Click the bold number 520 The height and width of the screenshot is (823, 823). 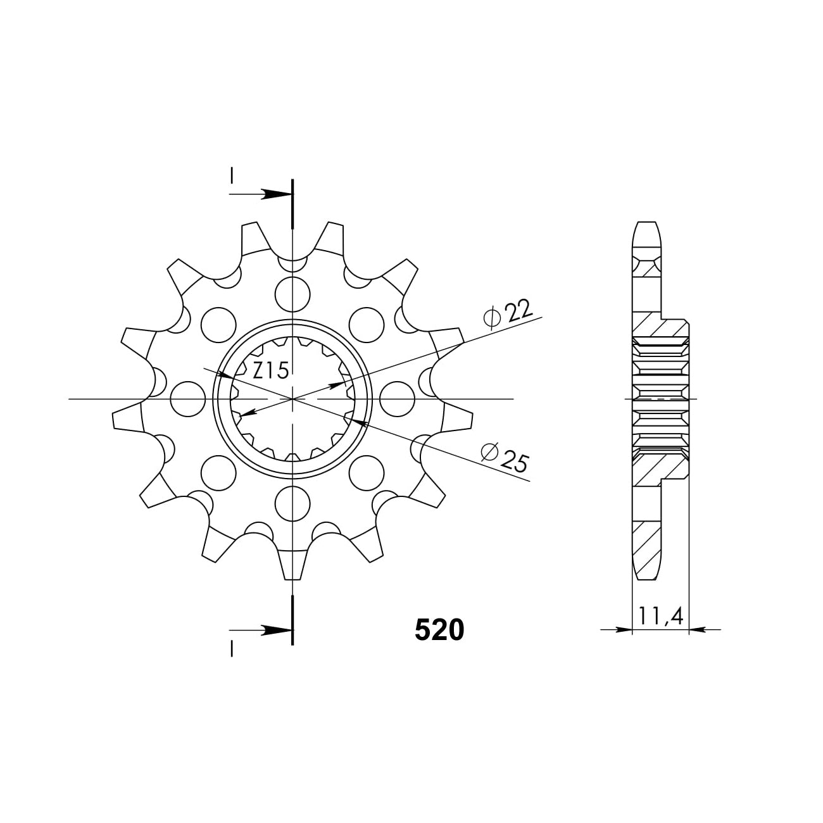coord(439,630)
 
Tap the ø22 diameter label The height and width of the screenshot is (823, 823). coord(508,315)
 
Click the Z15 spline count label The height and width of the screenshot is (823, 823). coord(270,370)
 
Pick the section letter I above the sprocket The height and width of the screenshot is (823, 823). coord(232,174)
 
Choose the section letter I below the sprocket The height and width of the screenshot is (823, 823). coord(232,648)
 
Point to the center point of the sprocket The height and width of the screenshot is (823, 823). coord(293,399)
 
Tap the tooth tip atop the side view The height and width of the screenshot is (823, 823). coord(646,226)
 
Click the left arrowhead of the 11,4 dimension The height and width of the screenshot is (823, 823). coord(625,630)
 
